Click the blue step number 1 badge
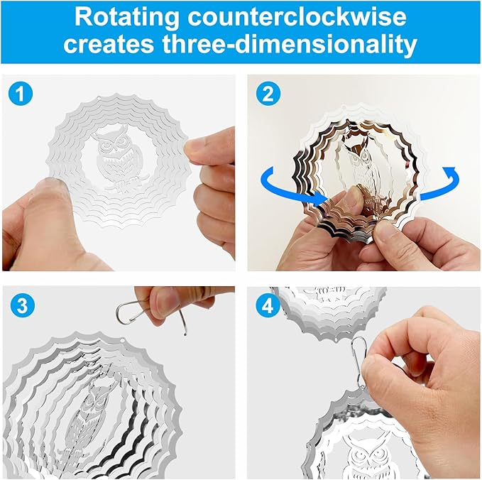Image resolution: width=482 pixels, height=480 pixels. pos(22,93)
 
